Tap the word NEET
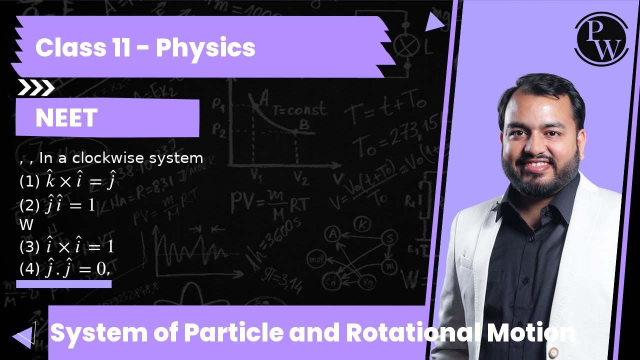pyautogui.click(x=66, y=118)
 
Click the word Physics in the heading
pyautogui.click(x=205, y=48)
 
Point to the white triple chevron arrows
pyautogui.click(x=35, y=88)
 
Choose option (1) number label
pyautogui.click(x=29, y=182)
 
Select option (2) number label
pyautogui.click(x=29, y=204)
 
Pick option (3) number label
pyautogui.click(x=29, y=246)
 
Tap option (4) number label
pyautogui.click(x=29, y=269)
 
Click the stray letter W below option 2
pyautogui.click(x=26, y=225)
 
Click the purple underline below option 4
pyautogui.click(x=63, y=284)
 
